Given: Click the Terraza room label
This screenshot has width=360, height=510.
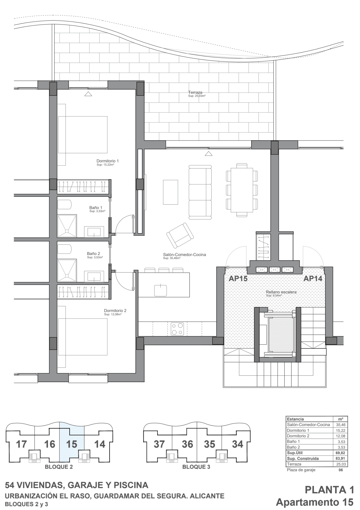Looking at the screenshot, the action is (x=195, y=93).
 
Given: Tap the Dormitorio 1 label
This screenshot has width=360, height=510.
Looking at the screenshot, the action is (x=107, y=161).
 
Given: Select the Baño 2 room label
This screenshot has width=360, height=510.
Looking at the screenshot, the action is (x=93, y=254).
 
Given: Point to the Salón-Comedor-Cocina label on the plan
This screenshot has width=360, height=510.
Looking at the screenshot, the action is (x=184, y=254).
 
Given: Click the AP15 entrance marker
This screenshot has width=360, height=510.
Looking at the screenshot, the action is (x=238, y=279).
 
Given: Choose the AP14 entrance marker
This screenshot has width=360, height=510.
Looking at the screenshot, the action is (x=313, y=279).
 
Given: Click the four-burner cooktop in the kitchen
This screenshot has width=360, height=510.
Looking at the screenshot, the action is (x=178, y=329).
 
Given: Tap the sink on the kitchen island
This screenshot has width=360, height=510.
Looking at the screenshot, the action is (x=161, y=290).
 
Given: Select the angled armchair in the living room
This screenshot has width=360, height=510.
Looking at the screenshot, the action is (x=180, y=235).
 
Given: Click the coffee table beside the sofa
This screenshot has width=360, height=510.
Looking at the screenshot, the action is (x=171, y=192).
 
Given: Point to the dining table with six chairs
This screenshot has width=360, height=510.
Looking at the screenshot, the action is (x=242, y=190).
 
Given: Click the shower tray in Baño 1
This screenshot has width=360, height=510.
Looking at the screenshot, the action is (x=67, y=226).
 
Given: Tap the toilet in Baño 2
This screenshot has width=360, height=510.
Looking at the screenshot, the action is (x=64, y=249).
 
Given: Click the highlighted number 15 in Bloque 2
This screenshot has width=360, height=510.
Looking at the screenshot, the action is (x=72, y=444).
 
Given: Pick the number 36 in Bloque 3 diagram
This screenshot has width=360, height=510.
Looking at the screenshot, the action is (x=187, y=444).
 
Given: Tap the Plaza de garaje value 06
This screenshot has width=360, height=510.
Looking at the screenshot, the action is (x=341, y=470).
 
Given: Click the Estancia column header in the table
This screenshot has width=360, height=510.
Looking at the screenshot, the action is (x=296, y=419).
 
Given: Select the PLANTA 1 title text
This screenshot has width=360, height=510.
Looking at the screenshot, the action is (x=329, y=489).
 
